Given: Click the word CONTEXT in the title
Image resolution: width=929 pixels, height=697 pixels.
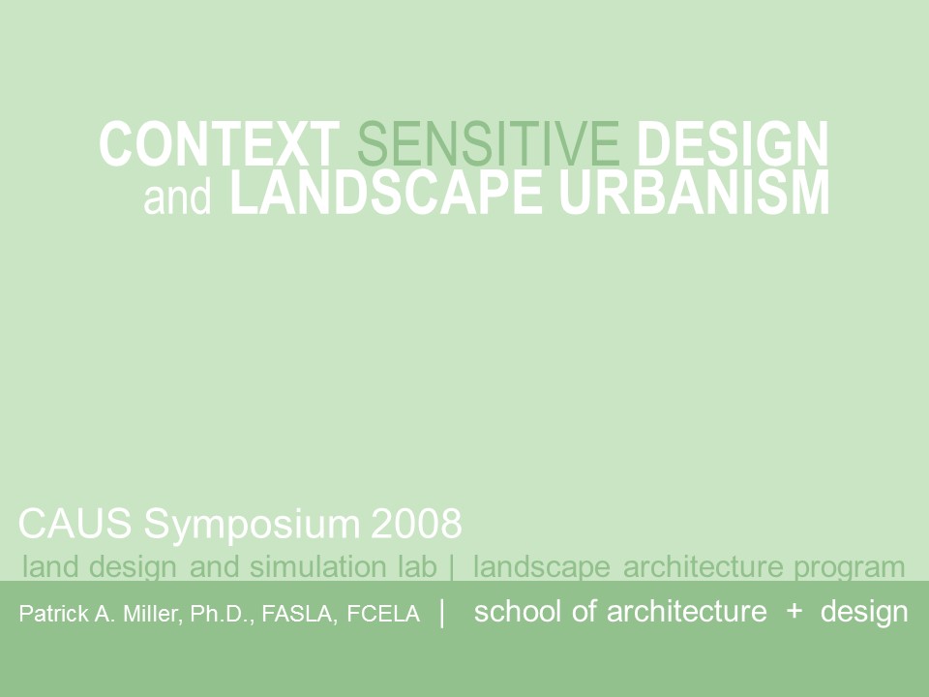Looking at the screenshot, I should pyautogui.click(x=219, y=144).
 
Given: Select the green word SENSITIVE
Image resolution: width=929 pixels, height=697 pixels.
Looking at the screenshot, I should pyautogui.click(x=488, y=144).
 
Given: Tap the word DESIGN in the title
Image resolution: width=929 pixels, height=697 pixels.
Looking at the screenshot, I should pyautogui.click(x=733, y=144).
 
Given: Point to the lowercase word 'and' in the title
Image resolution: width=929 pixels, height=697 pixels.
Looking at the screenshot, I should pyautogui.click(x=177, y=197).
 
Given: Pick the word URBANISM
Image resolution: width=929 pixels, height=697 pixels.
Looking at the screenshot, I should pyautogui.click(x=694, y=194).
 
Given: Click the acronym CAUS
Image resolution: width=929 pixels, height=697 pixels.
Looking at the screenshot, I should pyautogui.click(x=76, y=525).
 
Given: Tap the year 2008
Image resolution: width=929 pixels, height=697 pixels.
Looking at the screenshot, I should pyautogui.click(x=416, y=525).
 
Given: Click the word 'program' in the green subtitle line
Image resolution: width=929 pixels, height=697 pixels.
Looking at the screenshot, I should pyautogui.click(x=849, y=568).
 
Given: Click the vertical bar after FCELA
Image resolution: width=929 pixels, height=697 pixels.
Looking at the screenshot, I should pyautogui.click(x=442, y=613).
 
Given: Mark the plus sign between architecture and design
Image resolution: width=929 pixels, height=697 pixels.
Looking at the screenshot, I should pyautogui.click(x=794, y=612).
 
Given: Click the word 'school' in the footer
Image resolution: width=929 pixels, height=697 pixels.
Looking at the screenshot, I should pyautogui.click(x=517, y=612).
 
